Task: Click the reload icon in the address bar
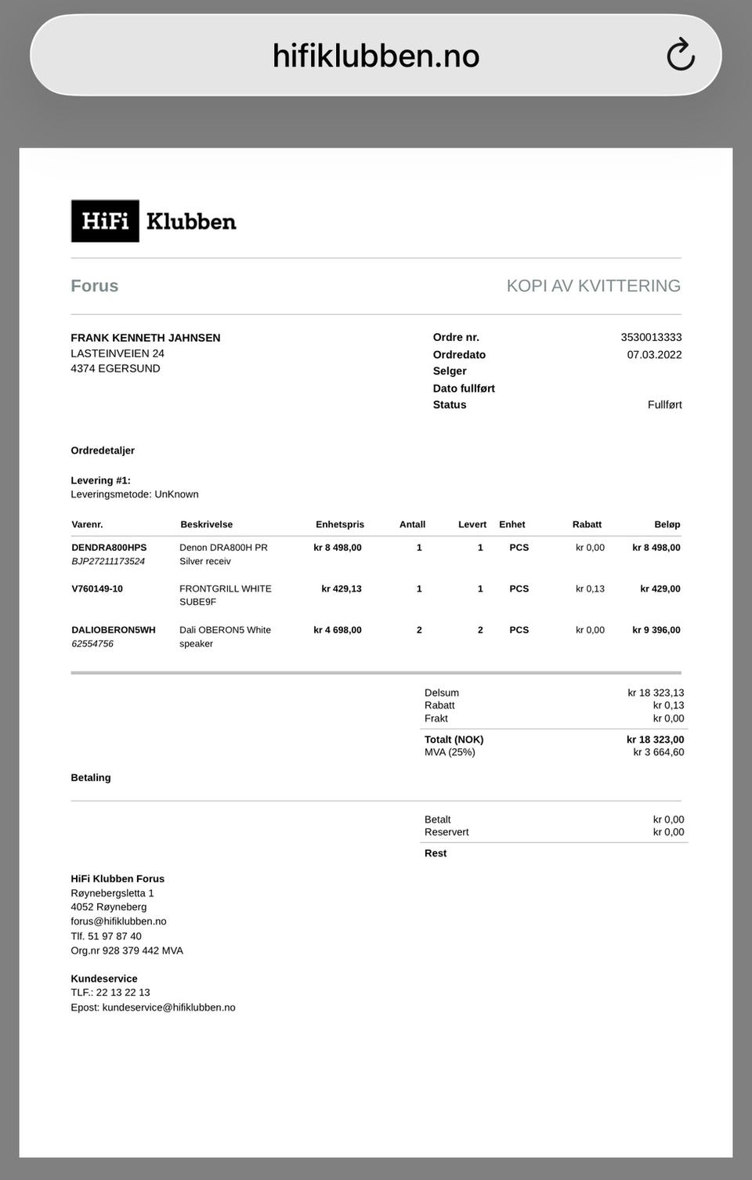[x=681, y=55]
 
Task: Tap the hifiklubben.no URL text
[x=375, y=56]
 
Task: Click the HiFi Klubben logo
[x=154, y=221]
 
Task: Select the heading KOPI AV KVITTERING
[x=593, y=286]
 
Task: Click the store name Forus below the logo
[x=95, y=286]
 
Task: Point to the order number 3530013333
[x=651, y=338]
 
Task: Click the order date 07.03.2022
[x=654, y=355]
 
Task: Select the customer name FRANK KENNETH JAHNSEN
[x=146, y=338]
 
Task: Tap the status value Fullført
[x=664, y=405]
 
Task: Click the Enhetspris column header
[x=340, y=525]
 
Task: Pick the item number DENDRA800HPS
[x=109, y=548]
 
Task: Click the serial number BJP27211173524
[x=108, y=562]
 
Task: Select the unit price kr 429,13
[x=342, y=589]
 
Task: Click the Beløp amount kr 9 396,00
[x=656, y=630]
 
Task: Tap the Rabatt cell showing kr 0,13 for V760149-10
[x=590, y=589]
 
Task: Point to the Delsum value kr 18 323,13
[x=656, y=693]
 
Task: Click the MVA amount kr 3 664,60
[x=659, y=752]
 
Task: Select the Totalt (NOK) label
[x=454, y=740]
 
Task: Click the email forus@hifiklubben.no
[x=118, y=921]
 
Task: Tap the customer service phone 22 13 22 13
[x=123, y=993]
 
